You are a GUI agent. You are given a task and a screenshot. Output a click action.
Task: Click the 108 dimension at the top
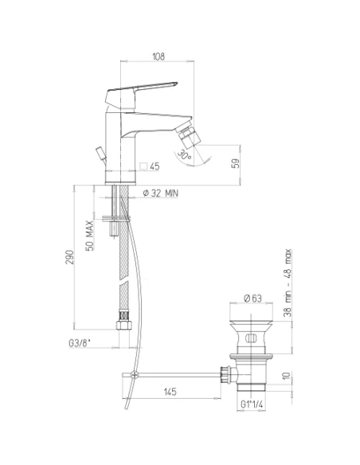(x=158, y=57)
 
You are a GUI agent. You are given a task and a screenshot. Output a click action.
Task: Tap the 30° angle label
(x=185, y=155)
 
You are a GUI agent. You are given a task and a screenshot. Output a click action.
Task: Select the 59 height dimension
(x=235, y=163)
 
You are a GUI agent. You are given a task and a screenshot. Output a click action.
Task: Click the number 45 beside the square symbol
(x=155, y=166)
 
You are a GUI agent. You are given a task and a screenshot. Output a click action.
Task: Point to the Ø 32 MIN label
(x=160, y=193)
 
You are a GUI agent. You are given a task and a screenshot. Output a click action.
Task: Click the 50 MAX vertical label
(x=89, y=236)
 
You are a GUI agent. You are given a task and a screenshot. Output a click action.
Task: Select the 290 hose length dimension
(x=69, y=257)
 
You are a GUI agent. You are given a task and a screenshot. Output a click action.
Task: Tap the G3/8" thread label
(x=79, y=343)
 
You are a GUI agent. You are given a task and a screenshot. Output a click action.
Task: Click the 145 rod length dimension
(x=170, y=392)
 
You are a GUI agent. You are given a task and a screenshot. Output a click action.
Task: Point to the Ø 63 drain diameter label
(x=252, y=298)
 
